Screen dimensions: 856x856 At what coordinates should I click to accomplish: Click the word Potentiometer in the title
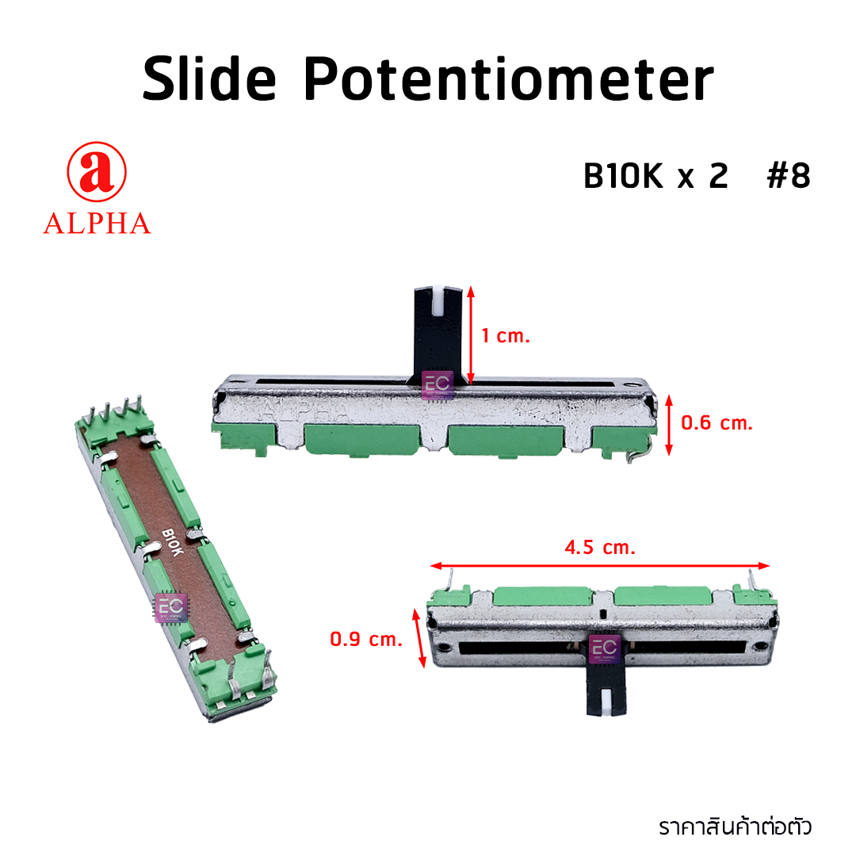[508, 81]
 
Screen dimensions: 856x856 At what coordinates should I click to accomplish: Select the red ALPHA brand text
[97, 224]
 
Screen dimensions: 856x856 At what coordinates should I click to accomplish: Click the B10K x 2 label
[655, 177]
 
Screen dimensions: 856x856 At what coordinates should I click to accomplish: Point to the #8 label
[789, 177]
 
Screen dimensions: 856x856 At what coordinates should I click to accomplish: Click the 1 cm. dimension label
[505, 336]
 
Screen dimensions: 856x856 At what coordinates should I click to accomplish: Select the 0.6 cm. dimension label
[717, 423]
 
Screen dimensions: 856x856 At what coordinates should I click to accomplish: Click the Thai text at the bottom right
[736, 827]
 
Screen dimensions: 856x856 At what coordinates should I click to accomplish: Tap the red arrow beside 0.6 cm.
[671, 424]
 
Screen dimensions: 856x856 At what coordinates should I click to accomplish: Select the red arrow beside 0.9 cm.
[419, 638]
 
